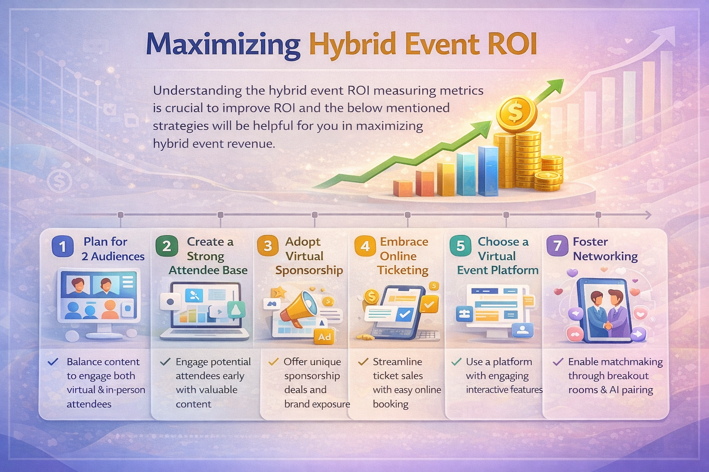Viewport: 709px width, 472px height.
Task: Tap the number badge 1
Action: point(62,246)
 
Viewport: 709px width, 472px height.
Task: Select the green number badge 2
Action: point(167,246)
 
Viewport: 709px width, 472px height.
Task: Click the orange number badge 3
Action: point(268,246)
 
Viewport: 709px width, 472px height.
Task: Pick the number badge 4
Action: point(365,246)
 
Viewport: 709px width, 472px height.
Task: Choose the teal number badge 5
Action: point(460,246)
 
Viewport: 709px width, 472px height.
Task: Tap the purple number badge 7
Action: point(557,246)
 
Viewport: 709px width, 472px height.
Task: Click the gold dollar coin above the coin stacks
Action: point(516,112)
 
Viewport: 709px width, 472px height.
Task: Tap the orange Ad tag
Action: point(324,337)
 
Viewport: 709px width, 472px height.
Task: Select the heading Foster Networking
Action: point(605,249)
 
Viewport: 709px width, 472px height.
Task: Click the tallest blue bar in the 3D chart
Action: point(487,171)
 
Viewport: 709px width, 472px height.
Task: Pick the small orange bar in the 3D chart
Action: point(402,188)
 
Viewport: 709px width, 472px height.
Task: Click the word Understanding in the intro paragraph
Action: point(197,90)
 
